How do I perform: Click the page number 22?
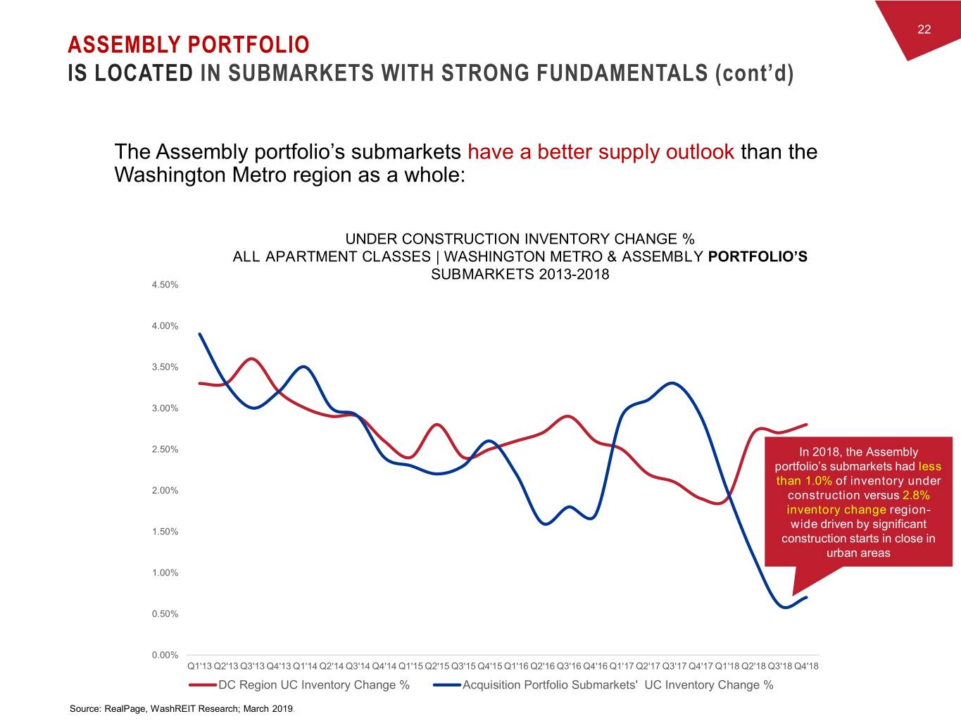coord(924,29)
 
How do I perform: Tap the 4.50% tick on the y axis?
coord(165,285)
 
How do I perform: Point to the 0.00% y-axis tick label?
coord(165,656)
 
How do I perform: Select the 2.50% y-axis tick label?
coord(165,449)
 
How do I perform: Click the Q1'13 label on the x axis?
coord(200,666)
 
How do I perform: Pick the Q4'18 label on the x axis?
coord(806,666)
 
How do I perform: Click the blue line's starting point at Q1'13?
coord(200,334)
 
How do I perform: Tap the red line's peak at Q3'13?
coord(253,359)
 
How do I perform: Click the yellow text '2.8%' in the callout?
coord(915,495)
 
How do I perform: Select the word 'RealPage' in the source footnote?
coord(125,708)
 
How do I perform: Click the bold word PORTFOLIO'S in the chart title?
coord(758,256)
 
